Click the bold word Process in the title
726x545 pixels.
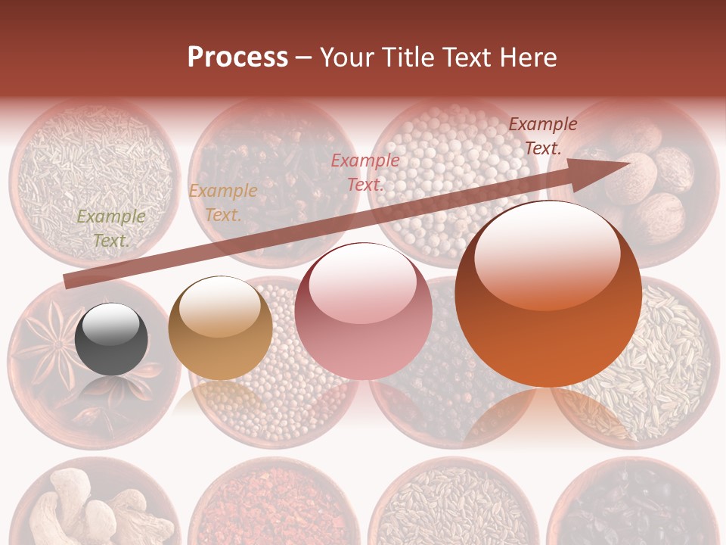coord(237,57)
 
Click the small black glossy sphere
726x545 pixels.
coord(111,338)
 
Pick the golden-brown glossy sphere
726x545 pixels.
coord(220,328)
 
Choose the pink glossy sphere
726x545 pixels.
coord(363,312)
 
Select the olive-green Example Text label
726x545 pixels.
coord(111,229)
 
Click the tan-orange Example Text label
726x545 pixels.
coord(222,203)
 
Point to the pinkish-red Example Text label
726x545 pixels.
coord(365,172)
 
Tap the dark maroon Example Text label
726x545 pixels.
coord(542,136)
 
